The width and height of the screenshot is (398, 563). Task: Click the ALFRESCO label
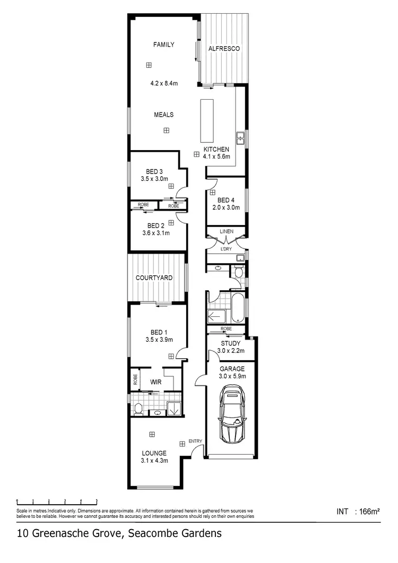pyautogui.click(x=223, y=49)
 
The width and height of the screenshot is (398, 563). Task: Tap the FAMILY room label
pyautogui.click(x=163, y=45)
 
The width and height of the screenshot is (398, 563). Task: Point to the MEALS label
pyautogui.click(x=163, y=115)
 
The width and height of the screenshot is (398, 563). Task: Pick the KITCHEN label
pyautogui.click(x=216, y=150)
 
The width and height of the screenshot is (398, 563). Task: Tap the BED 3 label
pyautogui.click(x=154, y=171)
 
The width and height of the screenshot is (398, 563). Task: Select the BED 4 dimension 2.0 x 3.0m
pyautogui.click(x=226, y=207)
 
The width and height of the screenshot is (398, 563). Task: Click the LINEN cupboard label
pyautogui.click(x=227, y=231)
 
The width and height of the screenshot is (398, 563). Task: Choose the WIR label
pyautogui.click(x=155, y=381)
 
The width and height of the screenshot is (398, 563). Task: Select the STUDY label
pyautogui.click(x=231, y=343)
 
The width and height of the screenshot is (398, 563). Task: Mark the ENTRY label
pyautogui.click(x=195, y=441)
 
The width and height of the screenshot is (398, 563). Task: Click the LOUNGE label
pyautogui.click(x=154, y=453)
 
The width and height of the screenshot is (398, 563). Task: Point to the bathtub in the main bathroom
pyautogui.click(x=238, y=308)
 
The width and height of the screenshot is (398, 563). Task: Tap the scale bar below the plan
pyautogui.click(x=57, y=501)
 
